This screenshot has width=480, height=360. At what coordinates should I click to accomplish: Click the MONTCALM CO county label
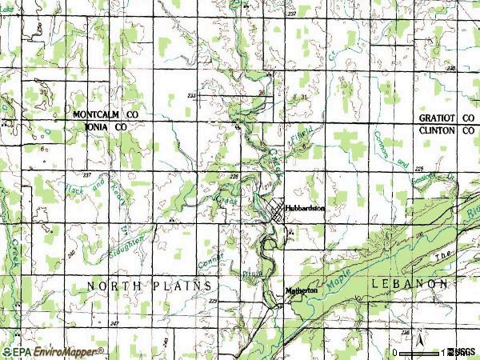[x=106, y=115]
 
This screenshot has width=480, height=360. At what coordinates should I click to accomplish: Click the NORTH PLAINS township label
[x=149, y=286]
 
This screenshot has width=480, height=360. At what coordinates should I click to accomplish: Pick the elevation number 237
[x=87, y=174]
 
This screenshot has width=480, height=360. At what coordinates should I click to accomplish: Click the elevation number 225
[x=420, y=170]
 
